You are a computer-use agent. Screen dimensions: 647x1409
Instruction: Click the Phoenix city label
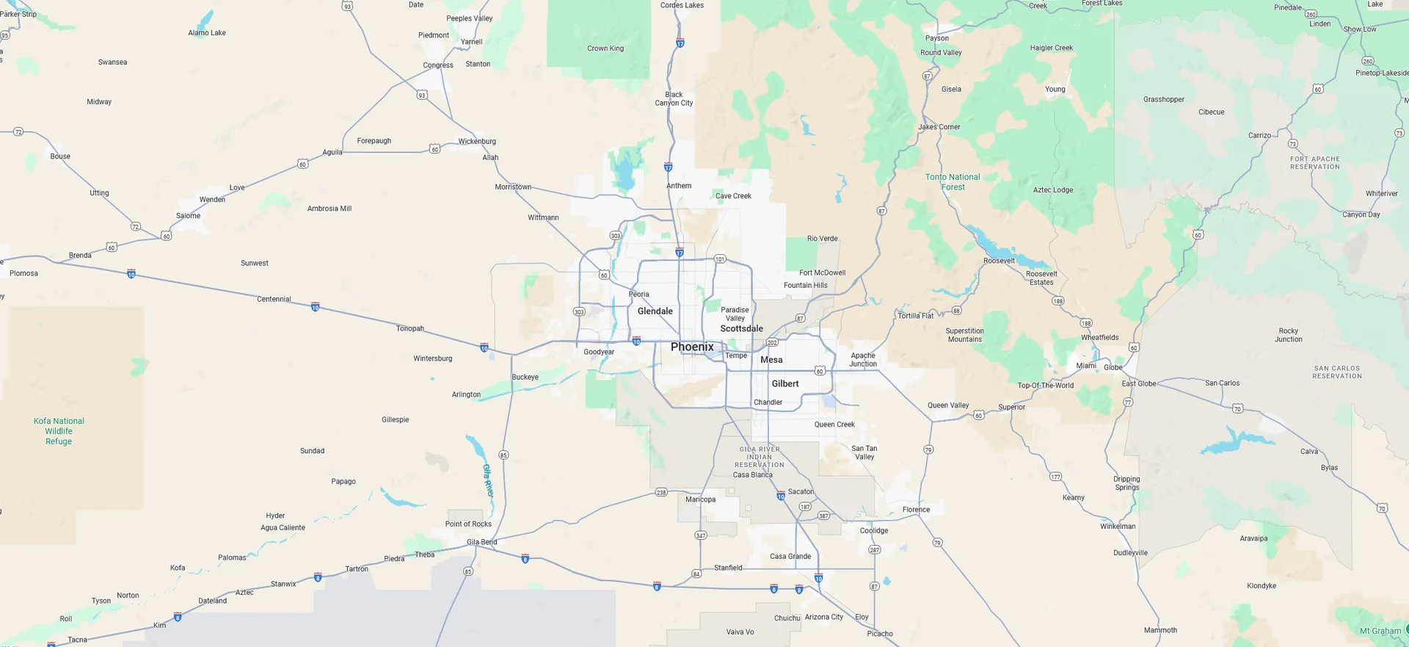(691, 347)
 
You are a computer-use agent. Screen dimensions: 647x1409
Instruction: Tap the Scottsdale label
(741, 328)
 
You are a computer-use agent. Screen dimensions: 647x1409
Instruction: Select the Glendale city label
(655, 311)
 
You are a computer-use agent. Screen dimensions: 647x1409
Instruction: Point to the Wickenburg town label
(477, 141)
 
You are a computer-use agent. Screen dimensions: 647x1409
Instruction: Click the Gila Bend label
(481, 542)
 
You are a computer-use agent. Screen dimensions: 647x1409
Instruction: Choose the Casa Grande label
(790, 556)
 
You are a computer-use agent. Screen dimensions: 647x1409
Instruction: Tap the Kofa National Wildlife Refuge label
(59, 431)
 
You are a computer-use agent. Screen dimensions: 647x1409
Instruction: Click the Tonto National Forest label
(953, 182)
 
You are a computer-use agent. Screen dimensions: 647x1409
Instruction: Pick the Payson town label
(936, 38)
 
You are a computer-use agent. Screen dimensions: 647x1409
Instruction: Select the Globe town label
(1113, 367)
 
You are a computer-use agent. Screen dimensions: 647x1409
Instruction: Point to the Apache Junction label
(863, 360)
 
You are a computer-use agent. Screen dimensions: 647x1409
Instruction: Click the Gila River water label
(488, 480)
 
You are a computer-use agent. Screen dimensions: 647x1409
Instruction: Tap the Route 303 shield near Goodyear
(579, 312)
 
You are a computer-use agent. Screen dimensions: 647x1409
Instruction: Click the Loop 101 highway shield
(720, 259)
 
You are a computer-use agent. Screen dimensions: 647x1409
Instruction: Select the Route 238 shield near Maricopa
(660, 493)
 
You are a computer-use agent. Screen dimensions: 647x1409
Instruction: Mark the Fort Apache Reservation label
(1314, 162)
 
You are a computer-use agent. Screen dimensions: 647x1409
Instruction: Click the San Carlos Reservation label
(1337, 372)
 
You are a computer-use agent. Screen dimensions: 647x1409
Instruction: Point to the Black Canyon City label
(674, 98)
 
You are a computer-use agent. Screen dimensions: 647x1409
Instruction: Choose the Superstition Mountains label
(964, 335)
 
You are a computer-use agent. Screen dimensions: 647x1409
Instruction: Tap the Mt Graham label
(1380, 631)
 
